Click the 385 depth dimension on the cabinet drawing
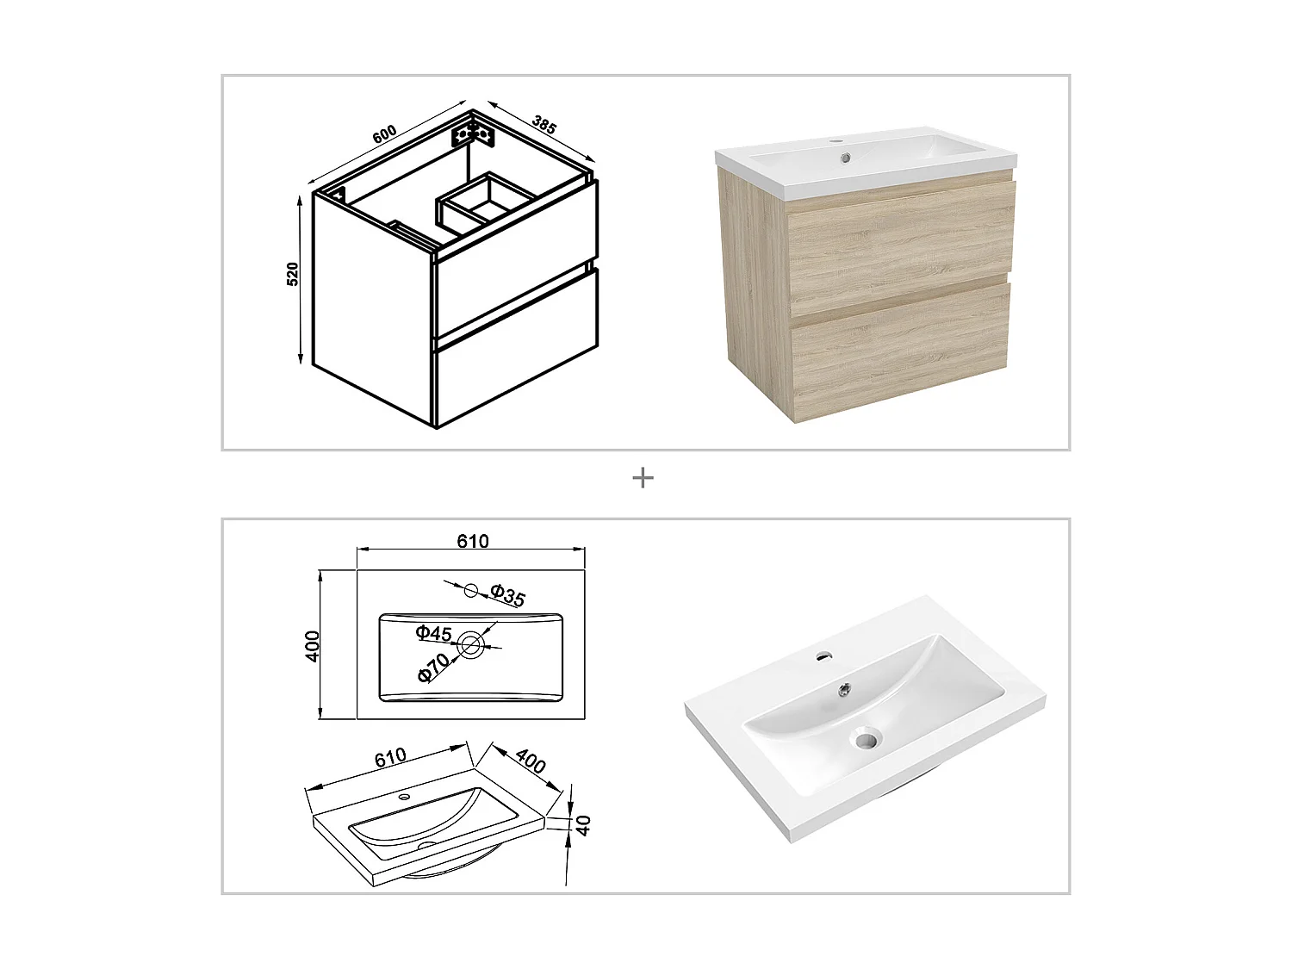(544, 124)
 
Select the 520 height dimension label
(293, 274)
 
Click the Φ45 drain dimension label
(433, 633)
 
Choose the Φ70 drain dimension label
(433, 668)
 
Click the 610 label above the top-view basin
(472, 541)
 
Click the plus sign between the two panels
(643, 477)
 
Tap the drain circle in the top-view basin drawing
(471, 643)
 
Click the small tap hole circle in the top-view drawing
(470, 590)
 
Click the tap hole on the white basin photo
(823, 655)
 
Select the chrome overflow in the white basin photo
(846, 687)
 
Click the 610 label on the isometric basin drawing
(389, 758)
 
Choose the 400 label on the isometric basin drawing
(530, 761)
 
